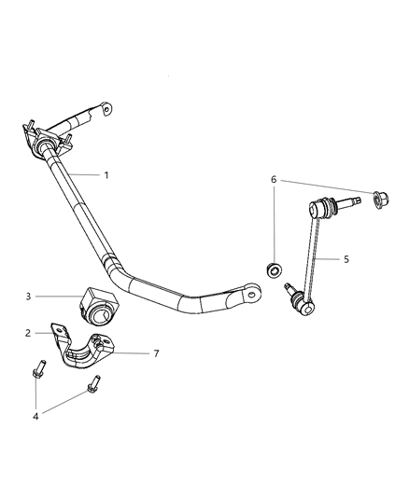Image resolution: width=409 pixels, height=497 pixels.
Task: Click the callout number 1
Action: (x=107, y=175)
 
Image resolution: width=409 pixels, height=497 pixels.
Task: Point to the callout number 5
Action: (x=346, y=259)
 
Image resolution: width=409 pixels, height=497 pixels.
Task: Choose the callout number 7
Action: (x=157, y=353)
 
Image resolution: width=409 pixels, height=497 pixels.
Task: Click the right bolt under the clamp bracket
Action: (x=95, y=382)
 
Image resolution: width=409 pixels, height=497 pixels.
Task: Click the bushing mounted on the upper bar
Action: (x=49, y=149)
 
